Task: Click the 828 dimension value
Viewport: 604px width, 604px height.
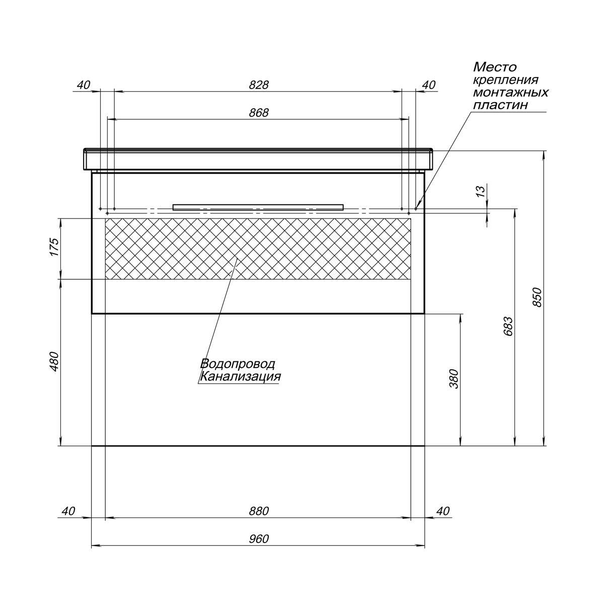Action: click(259, 85)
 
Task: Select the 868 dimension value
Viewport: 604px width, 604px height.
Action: click(259, 113)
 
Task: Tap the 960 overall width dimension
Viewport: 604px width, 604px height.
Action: click(259, 539)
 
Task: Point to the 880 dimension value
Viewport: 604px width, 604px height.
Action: click(259, 511)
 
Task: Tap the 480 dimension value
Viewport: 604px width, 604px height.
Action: click(54, 362)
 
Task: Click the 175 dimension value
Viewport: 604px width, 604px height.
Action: click(54, 247)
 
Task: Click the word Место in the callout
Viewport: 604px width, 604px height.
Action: click(495, 67)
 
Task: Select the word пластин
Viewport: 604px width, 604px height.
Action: click(500, 105)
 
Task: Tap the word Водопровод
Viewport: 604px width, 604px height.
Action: click(238, 363)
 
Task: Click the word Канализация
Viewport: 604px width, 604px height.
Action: click(240, 376)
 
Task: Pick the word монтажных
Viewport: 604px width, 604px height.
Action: click(510, 93)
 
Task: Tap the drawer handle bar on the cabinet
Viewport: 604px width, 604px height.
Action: click(258, 207)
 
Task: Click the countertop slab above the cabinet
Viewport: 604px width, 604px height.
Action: click(258, 160)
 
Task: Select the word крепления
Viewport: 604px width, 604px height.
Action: click(505, 80)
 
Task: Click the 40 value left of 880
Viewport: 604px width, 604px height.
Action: click(68, 511)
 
